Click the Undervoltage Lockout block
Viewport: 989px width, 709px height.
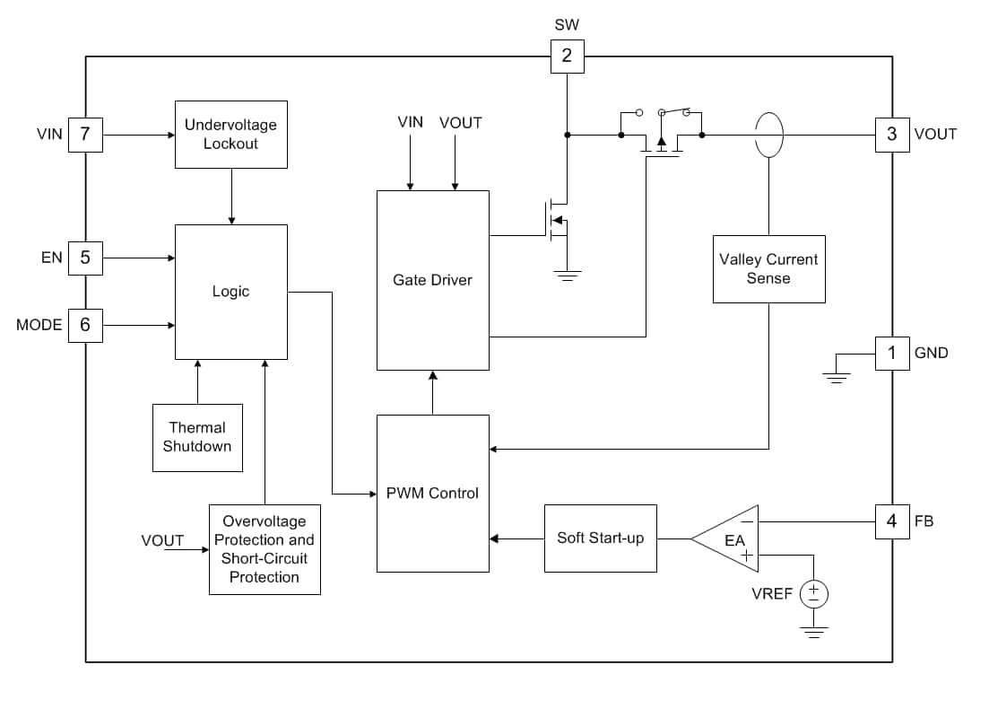point(230,135)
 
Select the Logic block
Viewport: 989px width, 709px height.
point(230,292)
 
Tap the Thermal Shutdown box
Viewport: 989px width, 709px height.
point(197,438)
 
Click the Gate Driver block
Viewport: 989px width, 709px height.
point(432,280)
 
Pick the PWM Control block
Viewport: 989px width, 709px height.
point(432,493)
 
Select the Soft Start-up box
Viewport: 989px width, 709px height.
point(600,538)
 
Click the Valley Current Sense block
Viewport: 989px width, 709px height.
point(768,269)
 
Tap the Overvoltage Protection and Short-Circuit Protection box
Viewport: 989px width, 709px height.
point(265,549)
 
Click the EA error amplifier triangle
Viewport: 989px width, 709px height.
point(728,538)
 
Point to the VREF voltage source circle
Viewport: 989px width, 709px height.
point(813,593)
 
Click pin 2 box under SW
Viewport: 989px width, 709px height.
point(567,57)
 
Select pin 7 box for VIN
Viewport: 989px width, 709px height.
point(85,135)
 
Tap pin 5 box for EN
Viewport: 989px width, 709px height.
point(85,258)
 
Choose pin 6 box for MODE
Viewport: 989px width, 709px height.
point(85,325)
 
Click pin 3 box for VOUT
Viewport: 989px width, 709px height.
point(891,135)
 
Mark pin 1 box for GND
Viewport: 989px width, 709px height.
point(891,353)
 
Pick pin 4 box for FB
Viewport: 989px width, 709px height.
point(891,521)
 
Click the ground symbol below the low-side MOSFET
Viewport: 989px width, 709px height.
point(567,276)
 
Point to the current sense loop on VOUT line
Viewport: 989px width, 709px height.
point(768,135)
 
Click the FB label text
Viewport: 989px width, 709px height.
point(924,521)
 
